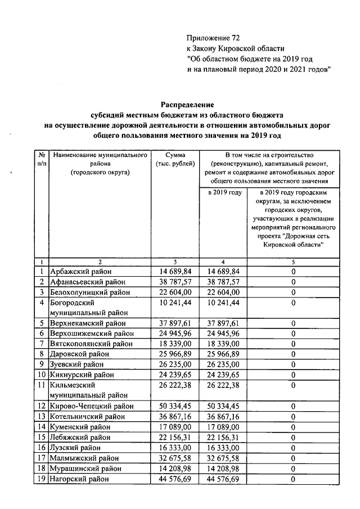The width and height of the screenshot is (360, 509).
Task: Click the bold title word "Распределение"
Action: pyautogui.click(x=188, y=105)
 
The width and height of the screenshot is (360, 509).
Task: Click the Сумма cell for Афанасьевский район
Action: pyautogui.click(x=176, y=281)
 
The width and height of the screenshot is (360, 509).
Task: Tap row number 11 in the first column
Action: pyautogui.click(x=42, y=386)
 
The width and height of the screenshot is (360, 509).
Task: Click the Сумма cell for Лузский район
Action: pyautogui.click(x=176, y=448)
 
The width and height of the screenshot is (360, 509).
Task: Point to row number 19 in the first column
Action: pyautogui.click(x=42, y=479)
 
